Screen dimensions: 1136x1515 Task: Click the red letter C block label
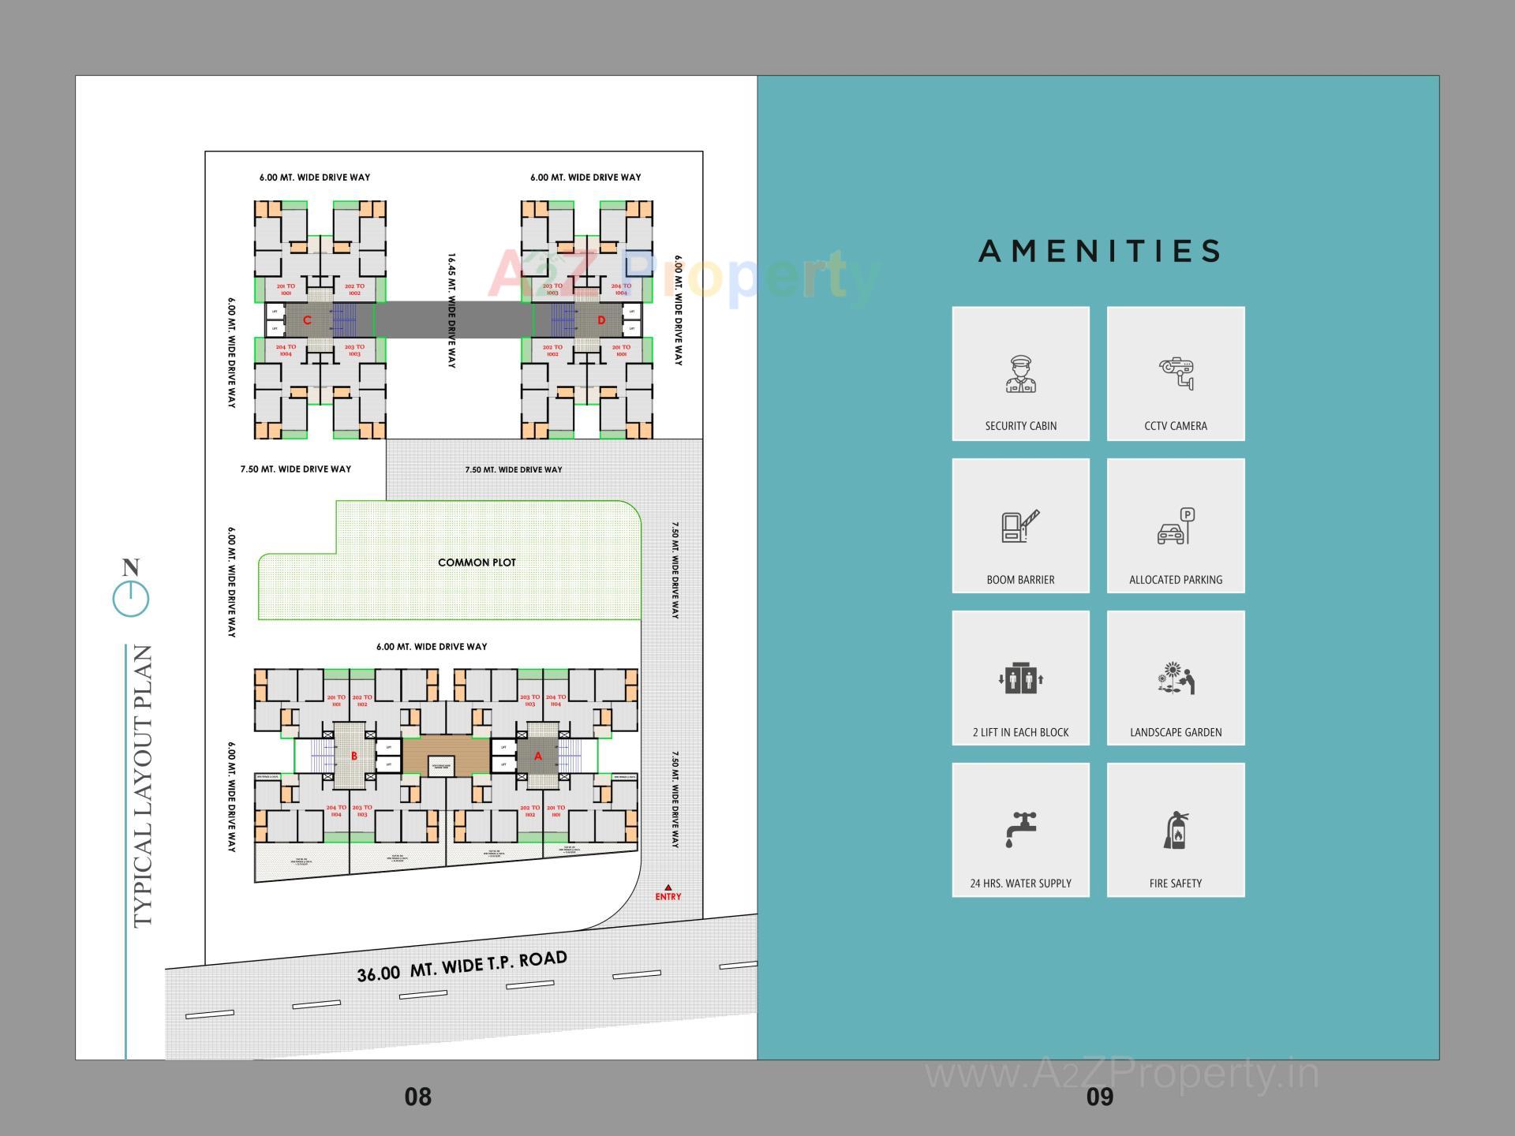point(307,319)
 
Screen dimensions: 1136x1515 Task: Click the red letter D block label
point(601,319)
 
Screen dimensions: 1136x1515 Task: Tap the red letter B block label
point(353,756)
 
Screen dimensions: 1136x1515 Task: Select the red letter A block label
point(538,756)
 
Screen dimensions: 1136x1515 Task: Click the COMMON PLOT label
point(477,562)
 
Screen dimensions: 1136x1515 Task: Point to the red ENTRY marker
point(668,893)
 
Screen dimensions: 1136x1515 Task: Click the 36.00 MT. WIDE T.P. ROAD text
point(462,966)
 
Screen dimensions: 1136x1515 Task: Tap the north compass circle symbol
point(131,599)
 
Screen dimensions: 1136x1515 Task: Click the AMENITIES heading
point(1099,252)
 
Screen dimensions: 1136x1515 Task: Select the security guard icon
point(1020,375)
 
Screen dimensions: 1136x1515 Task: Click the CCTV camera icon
point(1176,372)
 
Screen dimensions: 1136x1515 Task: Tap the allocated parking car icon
point(1176,526)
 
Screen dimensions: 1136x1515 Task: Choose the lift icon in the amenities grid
point(1020,678)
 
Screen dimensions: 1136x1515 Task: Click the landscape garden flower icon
point(1176,678)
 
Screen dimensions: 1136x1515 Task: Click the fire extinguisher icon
point(1176,830)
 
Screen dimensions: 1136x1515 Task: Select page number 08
point(417,1097)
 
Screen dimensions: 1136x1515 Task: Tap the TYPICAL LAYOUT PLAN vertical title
point(142,786)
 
